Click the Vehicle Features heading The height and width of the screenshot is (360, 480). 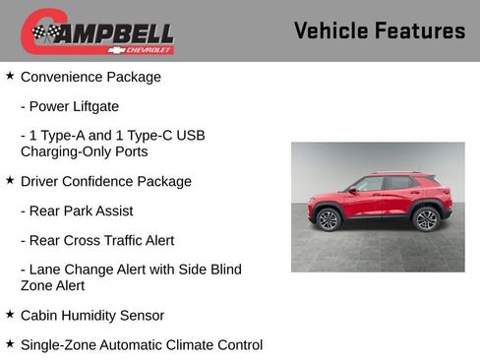[379, 30]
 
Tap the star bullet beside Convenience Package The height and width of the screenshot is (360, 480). [10, 76]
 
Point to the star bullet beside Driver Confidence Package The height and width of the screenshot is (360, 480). [10, 181]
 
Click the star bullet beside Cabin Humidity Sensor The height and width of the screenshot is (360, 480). [10, 315]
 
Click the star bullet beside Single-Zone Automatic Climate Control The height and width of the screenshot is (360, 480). [10, 344]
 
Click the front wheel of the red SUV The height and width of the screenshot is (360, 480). [329, 219]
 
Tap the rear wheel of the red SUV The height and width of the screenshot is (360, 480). [426, 219]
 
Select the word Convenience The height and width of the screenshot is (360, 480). [62, 77]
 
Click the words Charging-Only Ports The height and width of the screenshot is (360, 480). [84, 151]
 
